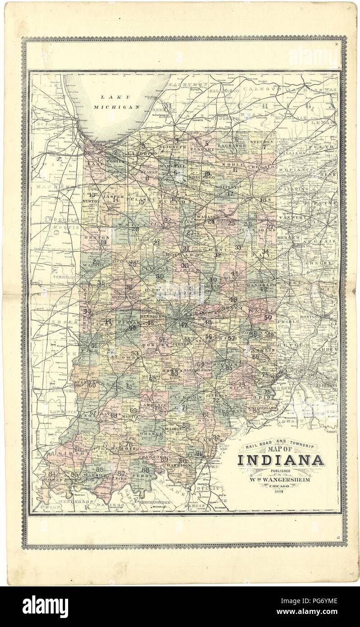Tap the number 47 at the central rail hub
pyautogui.click(x=184, y=325)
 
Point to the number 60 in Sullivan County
pyautogui.click(x=92, y=385)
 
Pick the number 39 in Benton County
pyautogui.click(x=103, y=242)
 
